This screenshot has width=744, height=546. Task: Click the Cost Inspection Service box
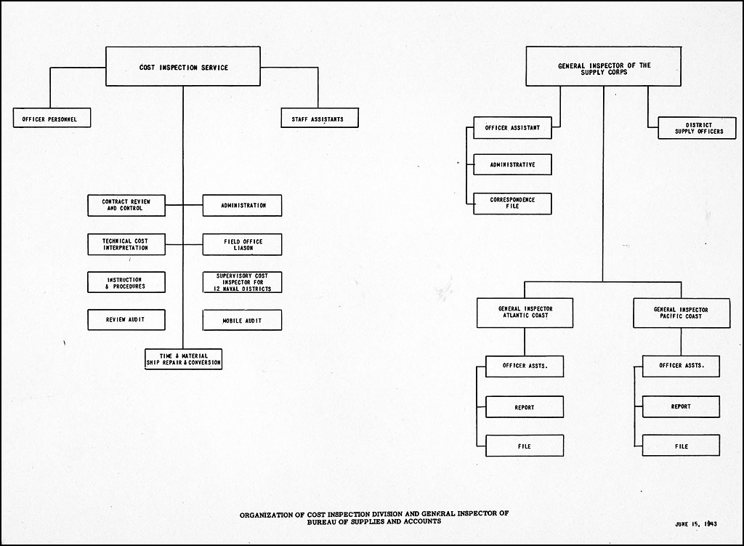coord(182,66)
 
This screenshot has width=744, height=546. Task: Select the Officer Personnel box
coord(52,118)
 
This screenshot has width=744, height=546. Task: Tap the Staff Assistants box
coord(320,118)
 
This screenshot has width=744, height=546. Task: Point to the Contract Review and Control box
coord(126,205)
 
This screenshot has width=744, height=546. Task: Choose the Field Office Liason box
coord(242,244)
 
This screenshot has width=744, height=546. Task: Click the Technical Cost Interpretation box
coord(126,244)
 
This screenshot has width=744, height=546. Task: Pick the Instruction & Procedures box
coord(126,282)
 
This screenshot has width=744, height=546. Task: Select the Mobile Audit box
coord(242,320)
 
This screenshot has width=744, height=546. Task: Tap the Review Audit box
coord(126,319)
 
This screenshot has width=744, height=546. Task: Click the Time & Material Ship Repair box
coord(183,359)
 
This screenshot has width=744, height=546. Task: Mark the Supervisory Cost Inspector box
coord(242,282)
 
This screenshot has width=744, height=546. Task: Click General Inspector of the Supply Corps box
coord(604,66)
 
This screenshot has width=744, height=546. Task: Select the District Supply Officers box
coord(697,128)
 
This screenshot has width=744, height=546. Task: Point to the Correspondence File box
coord(512,204)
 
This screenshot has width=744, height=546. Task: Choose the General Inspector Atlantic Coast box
coord(525,313)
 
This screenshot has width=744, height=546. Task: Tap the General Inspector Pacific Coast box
coord(682,313)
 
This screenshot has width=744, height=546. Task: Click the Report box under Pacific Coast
coord(681,406)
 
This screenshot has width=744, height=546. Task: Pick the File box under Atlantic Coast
coord(525,446)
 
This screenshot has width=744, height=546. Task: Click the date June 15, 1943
coord(696,524)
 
